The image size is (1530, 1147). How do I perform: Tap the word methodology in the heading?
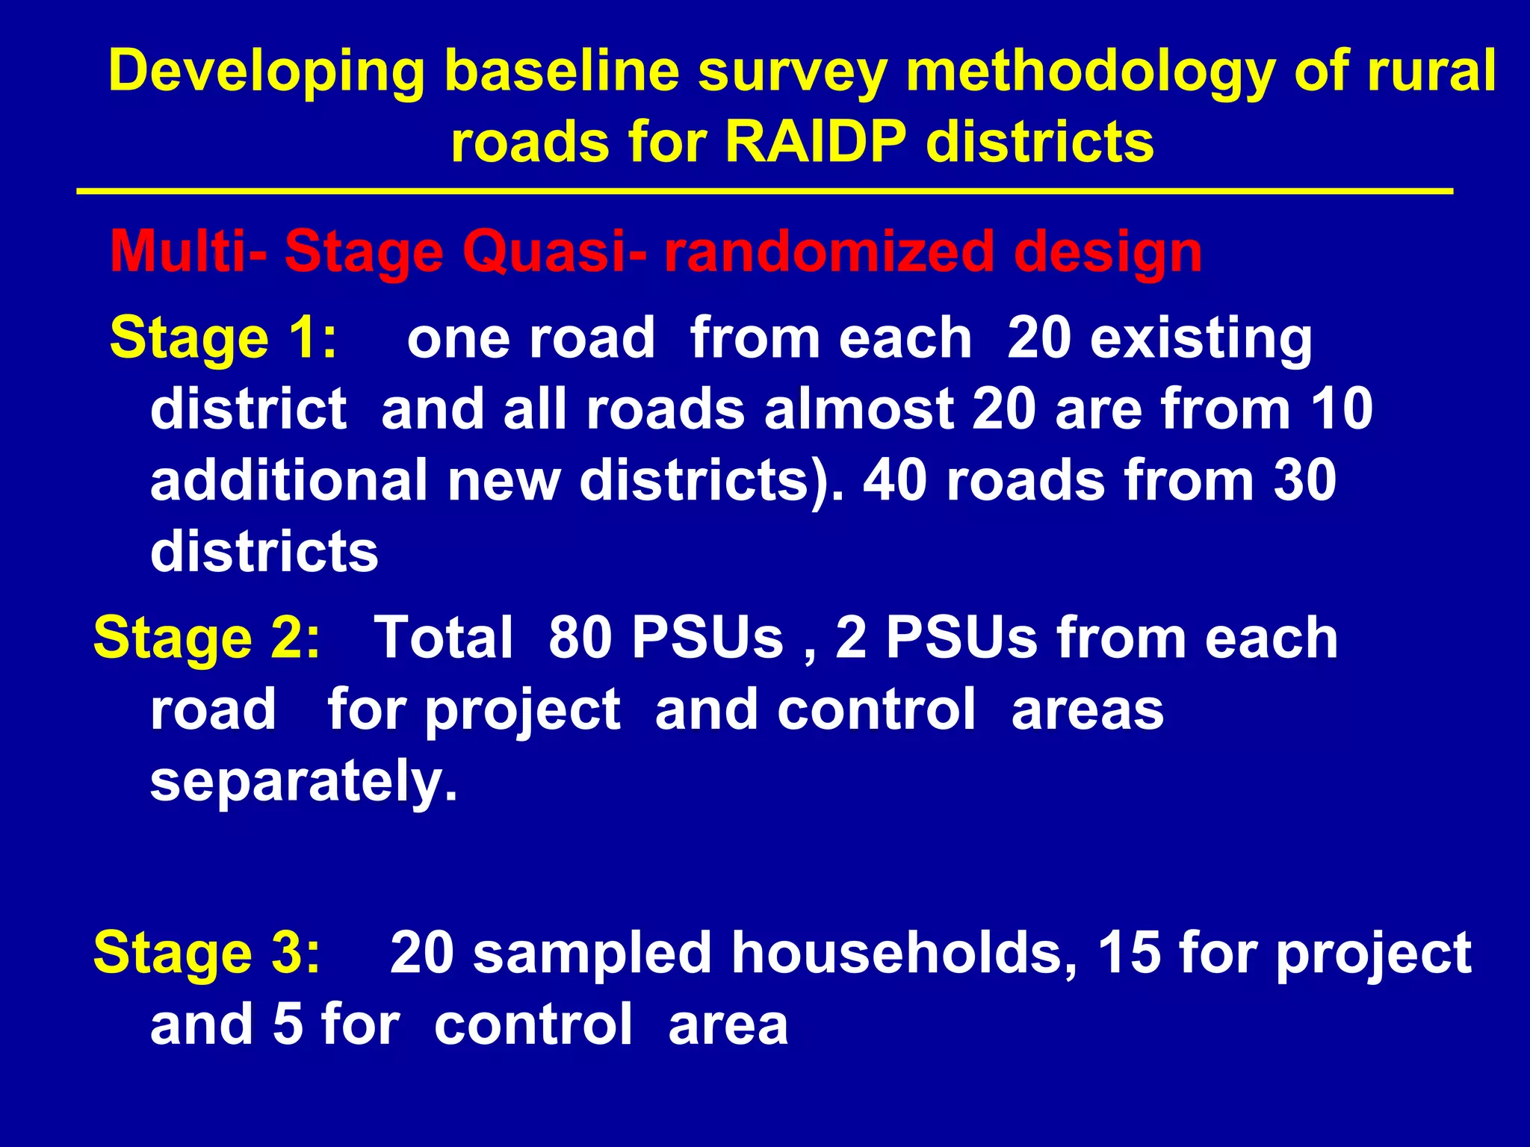tap(1090, 72)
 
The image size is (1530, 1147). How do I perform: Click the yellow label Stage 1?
tap(223, 338)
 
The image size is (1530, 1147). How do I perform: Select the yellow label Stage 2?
tap(206, 638)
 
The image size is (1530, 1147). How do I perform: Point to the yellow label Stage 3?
tap(206, 953)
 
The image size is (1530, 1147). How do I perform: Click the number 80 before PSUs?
tap(580, 638)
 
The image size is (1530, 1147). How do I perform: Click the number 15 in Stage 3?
tap(1128, 953)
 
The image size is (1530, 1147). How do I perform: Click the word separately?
tap(303, 781)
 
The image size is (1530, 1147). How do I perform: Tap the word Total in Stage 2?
tap(443, 638)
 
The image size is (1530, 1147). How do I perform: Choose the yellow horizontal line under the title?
tap(765, 192)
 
